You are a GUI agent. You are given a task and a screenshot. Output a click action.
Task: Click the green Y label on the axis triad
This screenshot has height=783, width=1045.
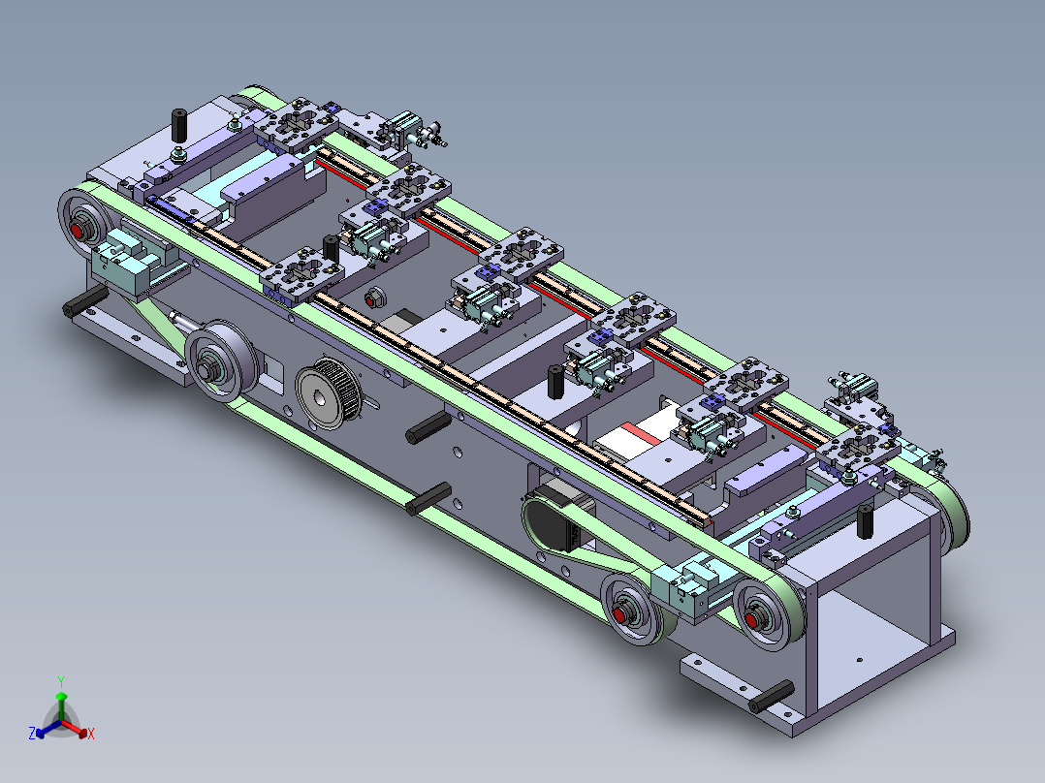click(x=61, y=681)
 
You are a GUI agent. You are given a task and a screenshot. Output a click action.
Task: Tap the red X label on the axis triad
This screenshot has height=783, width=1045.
click(x=91, y=734)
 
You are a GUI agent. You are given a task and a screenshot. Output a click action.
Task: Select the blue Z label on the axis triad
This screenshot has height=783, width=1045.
click(x=32, y=733)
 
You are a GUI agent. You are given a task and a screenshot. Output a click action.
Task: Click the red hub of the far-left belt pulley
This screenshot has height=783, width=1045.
click(x=77, y=232)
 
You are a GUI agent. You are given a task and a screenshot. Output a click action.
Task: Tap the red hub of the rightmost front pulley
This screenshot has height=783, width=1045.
click(x=752, y=620)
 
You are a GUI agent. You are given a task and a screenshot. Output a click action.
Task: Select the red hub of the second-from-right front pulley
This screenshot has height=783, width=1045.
click(x=620, y=613)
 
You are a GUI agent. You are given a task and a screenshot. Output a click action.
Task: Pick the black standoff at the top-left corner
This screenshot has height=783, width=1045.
click(x=179, y=125)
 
